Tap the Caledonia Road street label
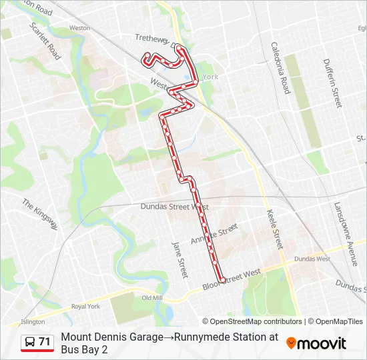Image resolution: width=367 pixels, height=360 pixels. pos(280,67)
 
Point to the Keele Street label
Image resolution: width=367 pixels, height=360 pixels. pos(276,226)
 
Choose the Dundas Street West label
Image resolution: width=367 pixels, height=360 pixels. pos(175,207)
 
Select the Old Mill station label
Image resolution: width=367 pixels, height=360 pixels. pos(152,298)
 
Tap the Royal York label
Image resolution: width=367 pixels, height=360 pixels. pos(85,307)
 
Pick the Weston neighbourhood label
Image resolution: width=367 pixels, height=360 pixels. pos(79,29)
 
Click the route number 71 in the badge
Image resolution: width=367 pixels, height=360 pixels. pos(45,342)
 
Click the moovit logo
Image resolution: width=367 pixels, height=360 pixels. pos(316,343)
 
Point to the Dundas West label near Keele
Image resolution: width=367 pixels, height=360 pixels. pos(312,259)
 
